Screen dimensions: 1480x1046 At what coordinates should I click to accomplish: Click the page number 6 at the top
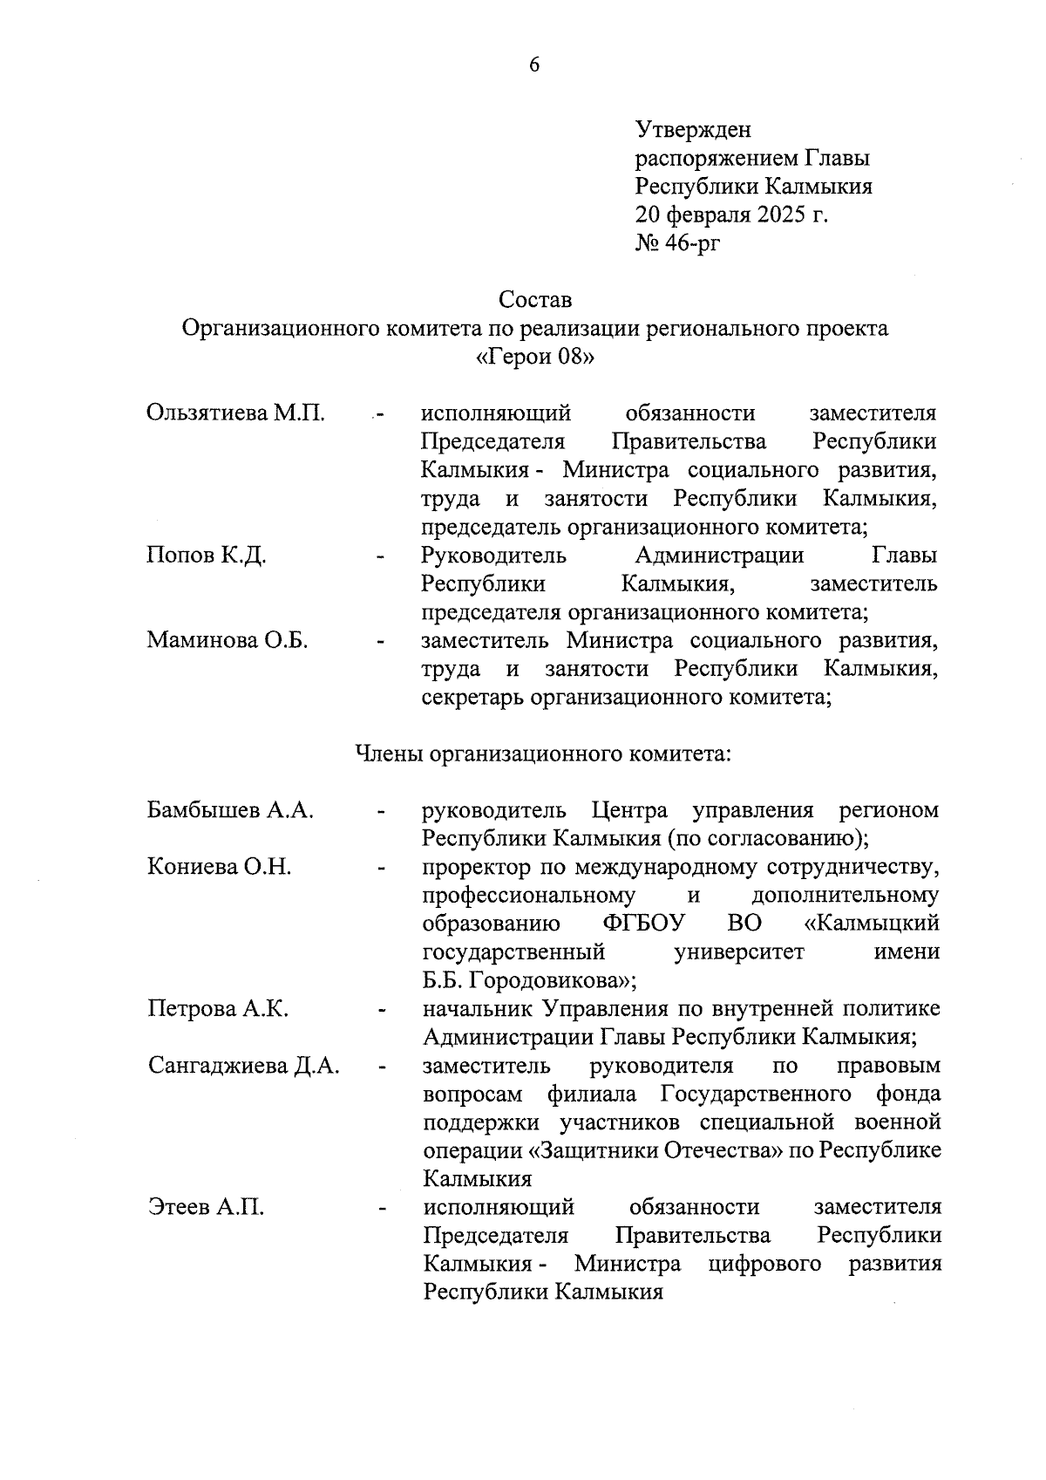coord(534,65)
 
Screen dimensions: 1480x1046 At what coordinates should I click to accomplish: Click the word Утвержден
coord(693,130)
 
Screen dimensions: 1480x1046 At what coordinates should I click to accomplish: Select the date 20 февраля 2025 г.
coord(731,215)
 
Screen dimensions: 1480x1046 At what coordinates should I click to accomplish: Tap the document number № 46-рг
coord(679,242)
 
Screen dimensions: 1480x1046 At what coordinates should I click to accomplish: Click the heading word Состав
coord(535,300)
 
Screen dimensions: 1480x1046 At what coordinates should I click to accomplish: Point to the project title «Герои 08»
coord(535,358)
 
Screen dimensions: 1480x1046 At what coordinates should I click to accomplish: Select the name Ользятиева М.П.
coord(236,413)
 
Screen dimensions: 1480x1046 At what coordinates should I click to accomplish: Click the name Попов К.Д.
coord(207,555)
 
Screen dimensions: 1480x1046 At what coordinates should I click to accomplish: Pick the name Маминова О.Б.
coord(228,640)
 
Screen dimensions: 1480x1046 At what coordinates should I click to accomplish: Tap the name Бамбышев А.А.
coord(231,810)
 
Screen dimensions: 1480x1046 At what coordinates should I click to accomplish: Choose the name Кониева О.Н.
coord(219,867)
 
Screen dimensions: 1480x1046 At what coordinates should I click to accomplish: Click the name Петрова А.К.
coord(218,1009)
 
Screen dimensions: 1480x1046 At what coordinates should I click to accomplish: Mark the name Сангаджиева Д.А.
coord(243,1066)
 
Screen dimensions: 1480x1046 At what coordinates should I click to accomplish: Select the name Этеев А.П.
coord(206,1208)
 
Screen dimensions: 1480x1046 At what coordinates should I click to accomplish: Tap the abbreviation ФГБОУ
coord(644,924)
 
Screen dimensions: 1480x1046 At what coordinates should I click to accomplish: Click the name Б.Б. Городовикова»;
coord(530,980)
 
